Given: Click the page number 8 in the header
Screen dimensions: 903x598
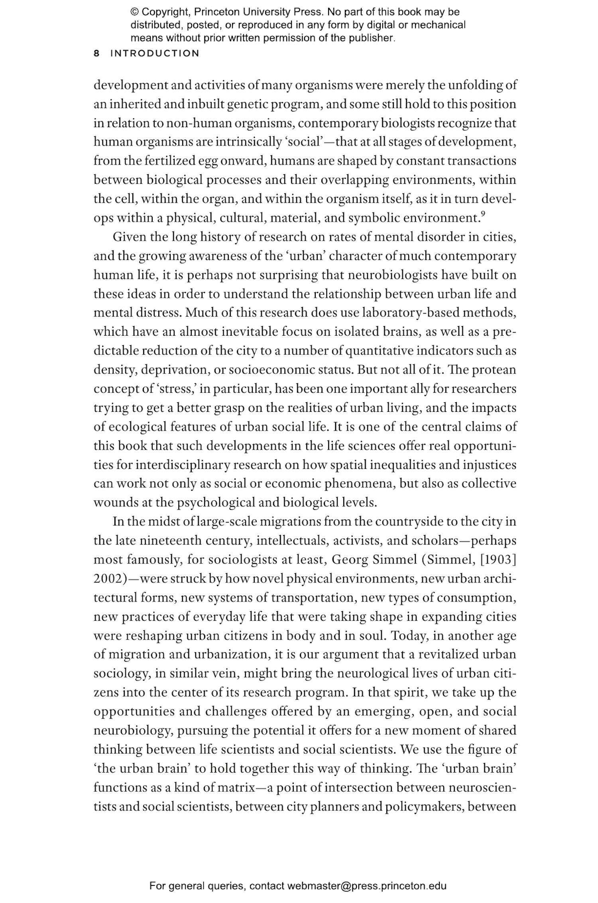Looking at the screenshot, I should [x=96, y=53].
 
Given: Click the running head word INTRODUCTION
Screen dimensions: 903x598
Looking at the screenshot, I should [x=155, y=53].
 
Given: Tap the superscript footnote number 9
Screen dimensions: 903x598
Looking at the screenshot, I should [x=483, y=214].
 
